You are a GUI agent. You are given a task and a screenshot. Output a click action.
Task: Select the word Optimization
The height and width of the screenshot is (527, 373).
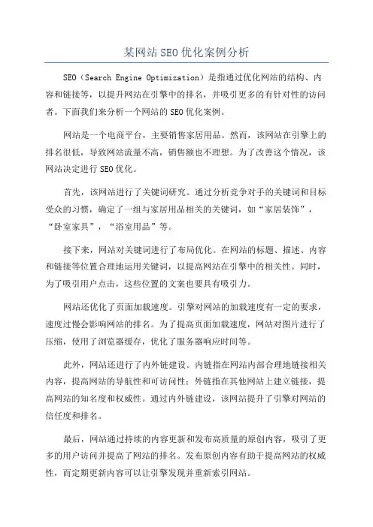199,77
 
